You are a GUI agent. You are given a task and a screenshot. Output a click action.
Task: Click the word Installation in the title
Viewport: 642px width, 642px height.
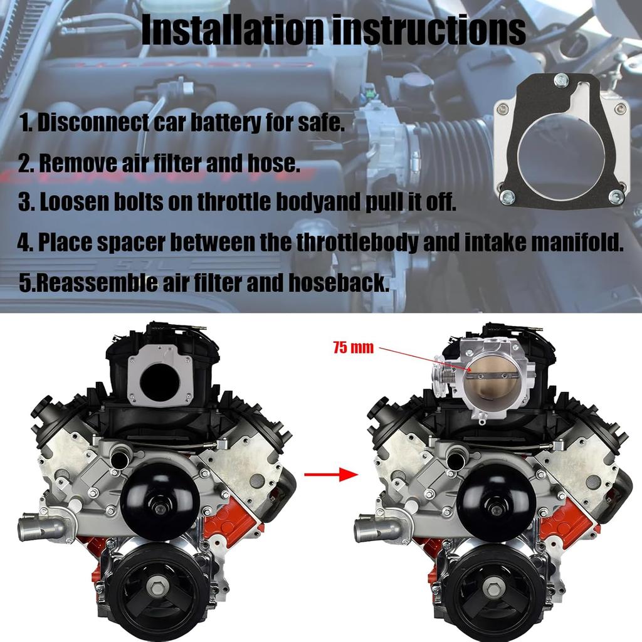[233, 30]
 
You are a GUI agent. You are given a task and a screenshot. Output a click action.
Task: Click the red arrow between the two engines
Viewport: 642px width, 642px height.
[325, 475]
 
